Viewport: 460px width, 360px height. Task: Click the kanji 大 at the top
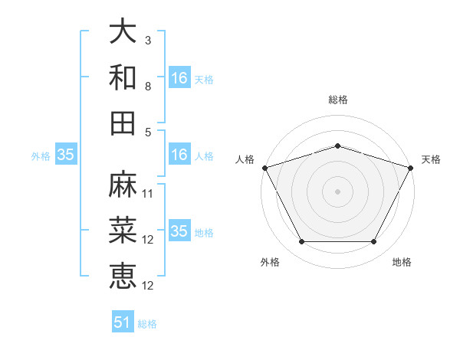coord(123,33)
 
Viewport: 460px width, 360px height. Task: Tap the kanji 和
coord(123,78)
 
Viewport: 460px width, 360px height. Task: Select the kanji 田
coord(123,123)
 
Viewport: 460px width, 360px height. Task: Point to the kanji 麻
coord(123,185)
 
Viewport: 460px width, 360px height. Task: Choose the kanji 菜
coord(123,231)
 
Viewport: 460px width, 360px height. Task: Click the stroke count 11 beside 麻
coord(149,193)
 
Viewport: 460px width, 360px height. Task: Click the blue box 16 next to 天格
coord(179,78)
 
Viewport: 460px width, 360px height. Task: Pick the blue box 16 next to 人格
coord(179,155)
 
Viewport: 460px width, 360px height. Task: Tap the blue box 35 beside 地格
coord(179,231)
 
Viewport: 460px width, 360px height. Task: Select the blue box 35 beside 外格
coord(66,155)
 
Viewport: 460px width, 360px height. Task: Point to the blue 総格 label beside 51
coord(147,324)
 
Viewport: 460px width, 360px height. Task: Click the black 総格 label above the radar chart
coord(337,100)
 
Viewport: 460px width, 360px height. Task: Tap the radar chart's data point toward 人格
coord(264,167)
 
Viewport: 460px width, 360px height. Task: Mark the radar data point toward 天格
coord(411,167)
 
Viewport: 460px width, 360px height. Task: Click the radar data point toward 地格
coord(374,242)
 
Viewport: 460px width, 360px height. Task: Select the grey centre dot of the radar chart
coord(337,191)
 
